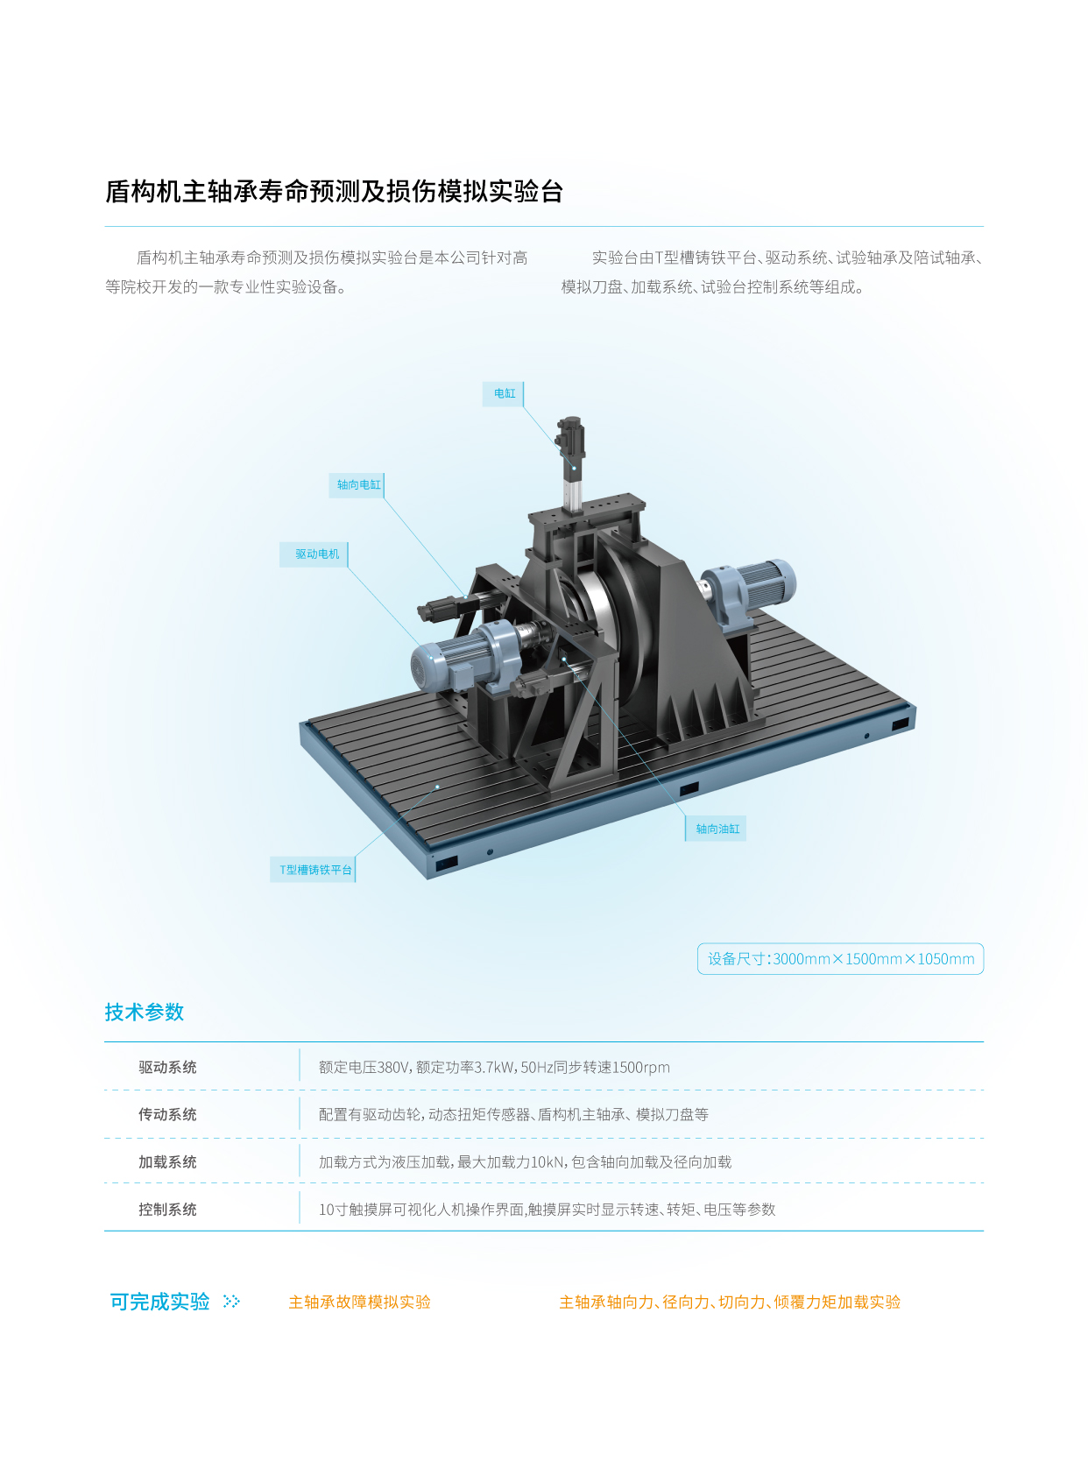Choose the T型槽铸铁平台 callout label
314,870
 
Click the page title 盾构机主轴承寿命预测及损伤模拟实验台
334,192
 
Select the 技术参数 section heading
145,1012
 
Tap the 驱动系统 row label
167,1068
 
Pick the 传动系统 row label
167,1115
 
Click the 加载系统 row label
167,1162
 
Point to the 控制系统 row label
167,1210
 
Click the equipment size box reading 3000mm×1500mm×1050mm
840,959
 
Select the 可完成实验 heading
160,1302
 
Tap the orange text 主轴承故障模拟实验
359,1302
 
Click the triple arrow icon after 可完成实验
232,1302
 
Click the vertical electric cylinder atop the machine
570,463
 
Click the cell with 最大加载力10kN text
525,1162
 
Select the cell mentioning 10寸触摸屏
547,1210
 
